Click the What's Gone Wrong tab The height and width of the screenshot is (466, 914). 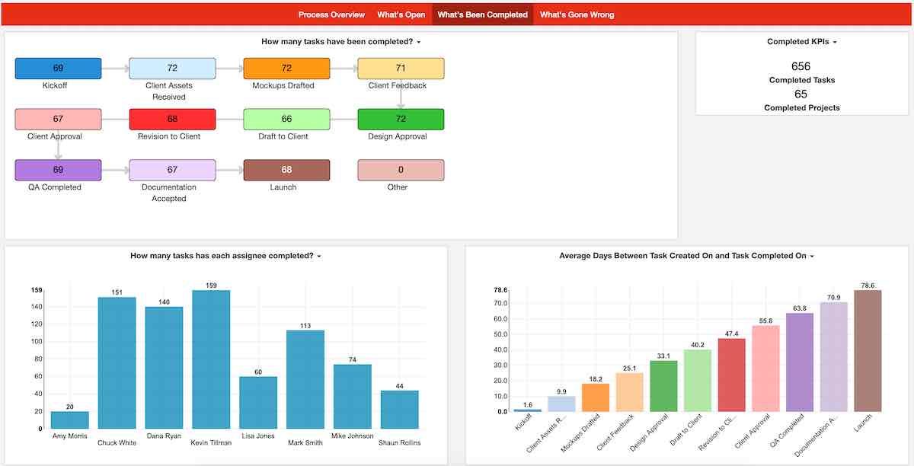tap(577, 14)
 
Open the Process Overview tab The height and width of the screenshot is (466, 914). tap(331, 14)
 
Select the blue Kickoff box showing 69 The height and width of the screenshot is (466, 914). tap(58, 69)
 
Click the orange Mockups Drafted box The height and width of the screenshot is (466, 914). tap(286, 69)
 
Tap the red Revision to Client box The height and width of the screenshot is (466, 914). tap(172, 120)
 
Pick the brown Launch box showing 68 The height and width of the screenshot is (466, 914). tap(286, 170)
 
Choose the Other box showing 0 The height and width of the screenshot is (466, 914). tap(401, 170)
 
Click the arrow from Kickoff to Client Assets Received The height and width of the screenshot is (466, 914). tap(115, 69)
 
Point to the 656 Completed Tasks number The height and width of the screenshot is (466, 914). tap(801, 66)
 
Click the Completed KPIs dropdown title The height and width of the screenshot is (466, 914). tap(801, 42)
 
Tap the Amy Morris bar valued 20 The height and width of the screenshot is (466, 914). tap(70, 420)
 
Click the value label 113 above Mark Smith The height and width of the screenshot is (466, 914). tap(305, 325)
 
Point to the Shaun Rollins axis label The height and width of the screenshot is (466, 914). tap(400, 442)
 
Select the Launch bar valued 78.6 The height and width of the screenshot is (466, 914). tap(868, 351)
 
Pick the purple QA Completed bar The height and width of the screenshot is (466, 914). tap(800, 362)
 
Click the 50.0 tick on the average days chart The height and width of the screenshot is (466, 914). tap(500, 334)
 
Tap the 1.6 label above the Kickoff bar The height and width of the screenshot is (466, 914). tap(527, 404)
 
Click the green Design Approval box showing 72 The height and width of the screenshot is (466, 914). tap(401, 120)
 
